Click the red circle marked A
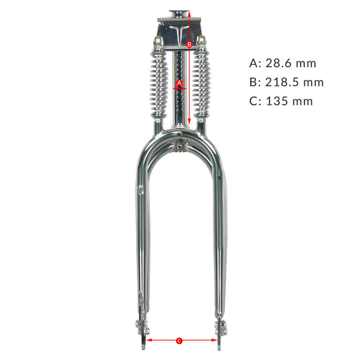tap(179, 83)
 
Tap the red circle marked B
tap(189, 45)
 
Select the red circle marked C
tap(179, 341)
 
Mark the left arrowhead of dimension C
tap(148, 341)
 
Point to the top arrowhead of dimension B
tap(190, 13)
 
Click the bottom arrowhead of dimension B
tap(190, 122)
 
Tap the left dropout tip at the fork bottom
tap(144, 345)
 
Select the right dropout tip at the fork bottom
tap(221, 345)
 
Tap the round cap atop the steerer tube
tap(179, 12)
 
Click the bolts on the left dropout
tap(141, 327)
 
